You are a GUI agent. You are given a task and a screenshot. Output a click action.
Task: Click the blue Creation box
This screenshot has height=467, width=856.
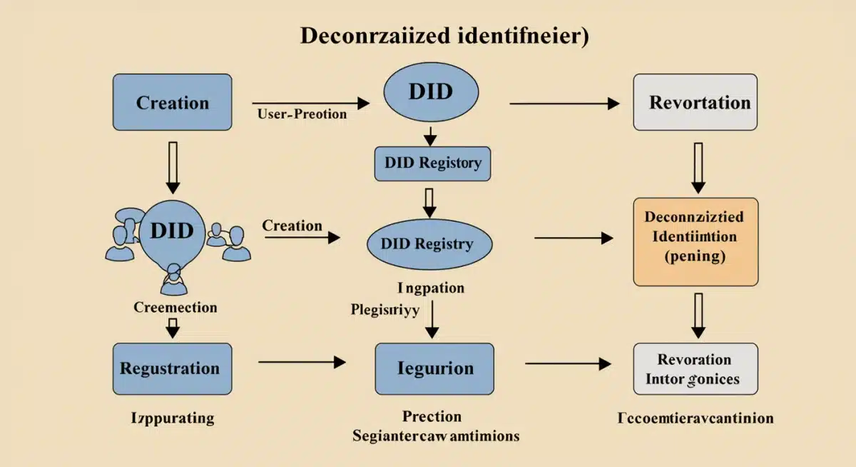(173, 102)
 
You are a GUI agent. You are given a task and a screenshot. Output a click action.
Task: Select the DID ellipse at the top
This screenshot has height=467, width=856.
(430, 94)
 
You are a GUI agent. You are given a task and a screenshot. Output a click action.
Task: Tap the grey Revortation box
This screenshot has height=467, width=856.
(695, 102)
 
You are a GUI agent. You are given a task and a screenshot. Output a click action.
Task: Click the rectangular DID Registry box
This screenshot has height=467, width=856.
(433, 163)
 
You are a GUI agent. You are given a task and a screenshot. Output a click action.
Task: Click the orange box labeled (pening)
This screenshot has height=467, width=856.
(695, 241)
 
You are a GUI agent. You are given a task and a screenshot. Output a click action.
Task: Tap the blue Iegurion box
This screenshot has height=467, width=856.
(435, 368)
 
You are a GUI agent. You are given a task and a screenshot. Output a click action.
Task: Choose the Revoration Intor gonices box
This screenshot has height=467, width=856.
(695, 368)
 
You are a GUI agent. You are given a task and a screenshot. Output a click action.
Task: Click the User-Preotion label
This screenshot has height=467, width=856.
(300, 114)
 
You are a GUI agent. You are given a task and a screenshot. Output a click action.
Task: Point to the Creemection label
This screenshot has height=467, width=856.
(175, 308)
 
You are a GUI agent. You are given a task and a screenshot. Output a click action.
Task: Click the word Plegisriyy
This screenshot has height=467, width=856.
(385, 311)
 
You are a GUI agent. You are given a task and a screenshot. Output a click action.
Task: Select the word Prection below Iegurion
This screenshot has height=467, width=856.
(432, 416)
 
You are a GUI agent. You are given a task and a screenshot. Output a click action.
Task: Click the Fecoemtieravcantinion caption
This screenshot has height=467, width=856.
(695, 418)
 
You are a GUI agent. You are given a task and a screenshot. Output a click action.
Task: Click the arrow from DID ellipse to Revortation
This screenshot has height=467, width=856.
(564, 104)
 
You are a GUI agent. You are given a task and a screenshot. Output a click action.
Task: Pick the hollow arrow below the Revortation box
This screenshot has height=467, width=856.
(698, 167)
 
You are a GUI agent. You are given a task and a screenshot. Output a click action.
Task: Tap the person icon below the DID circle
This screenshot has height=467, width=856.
(173, 281)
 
